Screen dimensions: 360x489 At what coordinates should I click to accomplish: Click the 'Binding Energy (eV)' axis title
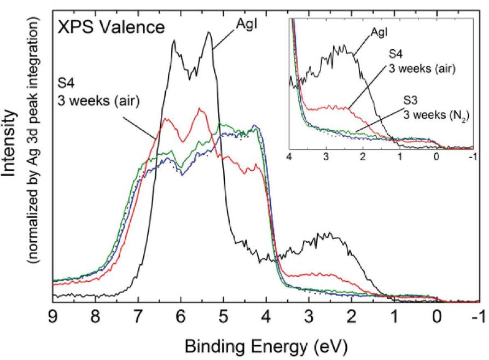pyautogui.click(x=264, y=346)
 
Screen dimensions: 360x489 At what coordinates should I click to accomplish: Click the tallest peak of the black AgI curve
pyautogui.click(x=208, y=32)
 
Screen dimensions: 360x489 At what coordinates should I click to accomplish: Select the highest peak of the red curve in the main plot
pyautogui.click(x=200, y=109)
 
